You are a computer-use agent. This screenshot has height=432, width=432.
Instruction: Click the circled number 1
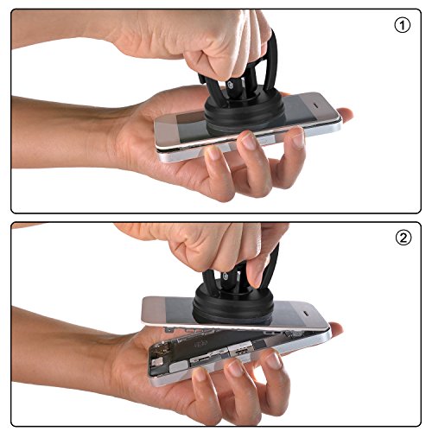(402, 25)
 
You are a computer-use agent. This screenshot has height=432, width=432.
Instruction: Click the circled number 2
(403, 238)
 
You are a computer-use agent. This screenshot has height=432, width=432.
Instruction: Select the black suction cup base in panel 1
(245, 111)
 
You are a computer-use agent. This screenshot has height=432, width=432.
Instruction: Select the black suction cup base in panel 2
(232, 306)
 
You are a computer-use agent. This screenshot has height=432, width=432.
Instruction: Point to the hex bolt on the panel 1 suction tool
(231, 86)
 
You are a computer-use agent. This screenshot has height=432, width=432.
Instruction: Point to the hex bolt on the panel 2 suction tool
(226, 276)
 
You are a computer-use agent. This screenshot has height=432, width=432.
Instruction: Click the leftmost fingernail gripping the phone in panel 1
(214, 153)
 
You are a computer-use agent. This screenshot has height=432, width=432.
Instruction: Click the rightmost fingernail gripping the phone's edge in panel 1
(297, 139)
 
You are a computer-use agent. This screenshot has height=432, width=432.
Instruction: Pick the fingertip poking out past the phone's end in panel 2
(335, 329)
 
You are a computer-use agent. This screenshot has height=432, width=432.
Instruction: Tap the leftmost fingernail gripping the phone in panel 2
(200, 375)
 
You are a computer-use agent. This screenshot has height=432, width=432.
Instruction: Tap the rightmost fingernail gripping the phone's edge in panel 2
(273, 361)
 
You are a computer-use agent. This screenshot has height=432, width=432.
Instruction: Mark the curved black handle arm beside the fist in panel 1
(270, 60)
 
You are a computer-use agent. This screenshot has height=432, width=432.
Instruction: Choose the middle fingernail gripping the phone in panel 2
(235, 368)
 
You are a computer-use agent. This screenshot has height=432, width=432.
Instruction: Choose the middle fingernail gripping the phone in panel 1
(249, 142)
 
